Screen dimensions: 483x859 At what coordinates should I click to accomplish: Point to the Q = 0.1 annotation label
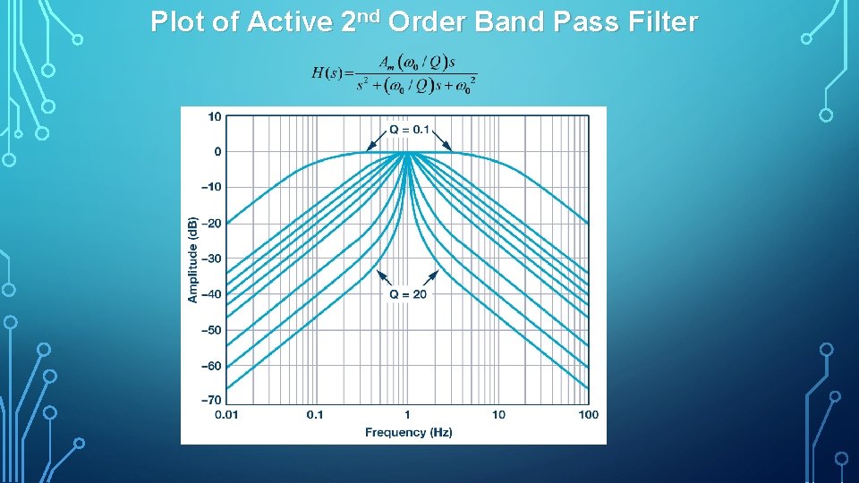coord(410,130)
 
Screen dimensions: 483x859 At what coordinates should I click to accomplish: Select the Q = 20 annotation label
coord(408,293)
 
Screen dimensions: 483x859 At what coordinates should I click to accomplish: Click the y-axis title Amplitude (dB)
coord(193,258)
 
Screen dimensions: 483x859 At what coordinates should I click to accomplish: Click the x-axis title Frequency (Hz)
coord(408,433)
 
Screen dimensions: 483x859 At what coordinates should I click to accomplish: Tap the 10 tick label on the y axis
coord(216,116)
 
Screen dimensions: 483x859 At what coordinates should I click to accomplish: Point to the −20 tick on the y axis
coord(212,223)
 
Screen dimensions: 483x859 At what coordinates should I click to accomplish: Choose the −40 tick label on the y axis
coord(212,294)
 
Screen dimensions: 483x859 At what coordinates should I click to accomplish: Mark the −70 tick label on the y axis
coord(212,401)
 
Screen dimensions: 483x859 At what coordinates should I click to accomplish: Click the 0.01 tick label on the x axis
coord(227,415)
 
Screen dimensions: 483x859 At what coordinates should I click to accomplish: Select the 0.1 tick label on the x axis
coord(315,415)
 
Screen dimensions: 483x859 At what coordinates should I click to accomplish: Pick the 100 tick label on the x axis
coord(588,415)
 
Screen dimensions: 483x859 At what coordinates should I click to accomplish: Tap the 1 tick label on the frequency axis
coord(407,415)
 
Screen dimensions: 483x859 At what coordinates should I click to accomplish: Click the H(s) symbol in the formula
coord(327,73)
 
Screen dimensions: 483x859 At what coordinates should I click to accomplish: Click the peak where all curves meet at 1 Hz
coord(407,152)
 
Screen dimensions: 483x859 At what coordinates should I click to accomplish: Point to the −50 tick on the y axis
coord(212,330)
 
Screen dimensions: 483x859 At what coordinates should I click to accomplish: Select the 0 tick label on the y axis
coord(218,152)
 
